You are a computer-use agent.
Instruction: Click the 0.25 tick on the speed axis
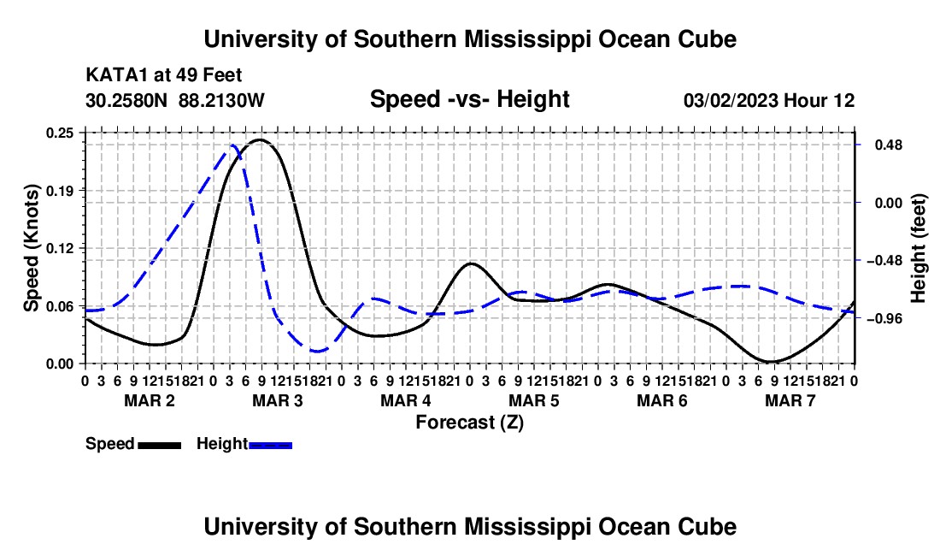(59, 133)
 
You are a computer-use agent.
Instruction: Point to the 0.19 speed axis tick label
(59, 191)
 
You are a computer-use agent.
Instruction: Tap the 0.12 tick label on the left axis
(59, 248)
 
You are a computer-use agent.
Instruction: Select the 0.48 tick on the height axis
(888, 145)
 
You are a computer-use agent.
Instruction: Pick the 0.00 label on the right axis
(888, 203)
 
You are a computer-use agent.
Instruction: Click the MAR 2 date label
(150, 400)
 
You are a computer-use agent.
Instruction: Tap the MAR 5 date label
(533, 400)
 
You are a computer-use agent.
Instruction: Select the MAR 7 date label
(790, 400)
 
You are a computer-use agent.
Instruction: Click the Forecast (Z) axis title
(469, 423)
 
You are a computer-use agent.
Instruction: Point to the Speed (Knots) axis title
(31, 248)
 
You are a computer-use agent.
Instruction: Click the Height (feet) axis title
(919, 248)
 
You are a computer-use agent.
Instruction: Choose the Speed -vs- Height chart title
(469, 99)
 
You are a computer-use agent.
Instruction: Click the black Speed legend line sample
(159, 446)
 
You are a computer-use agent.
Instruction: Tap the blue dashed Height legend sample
(270, 446)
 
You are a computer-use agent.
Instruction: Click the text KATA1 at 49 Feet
(164, 75)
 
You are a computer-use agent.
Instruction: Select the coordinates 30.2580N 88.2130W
(174, 100)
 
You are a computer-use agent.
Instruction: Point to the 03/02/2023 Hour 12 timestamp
(769, 100)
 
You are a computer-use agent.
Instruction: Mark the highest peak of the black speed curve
(260, 139)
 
